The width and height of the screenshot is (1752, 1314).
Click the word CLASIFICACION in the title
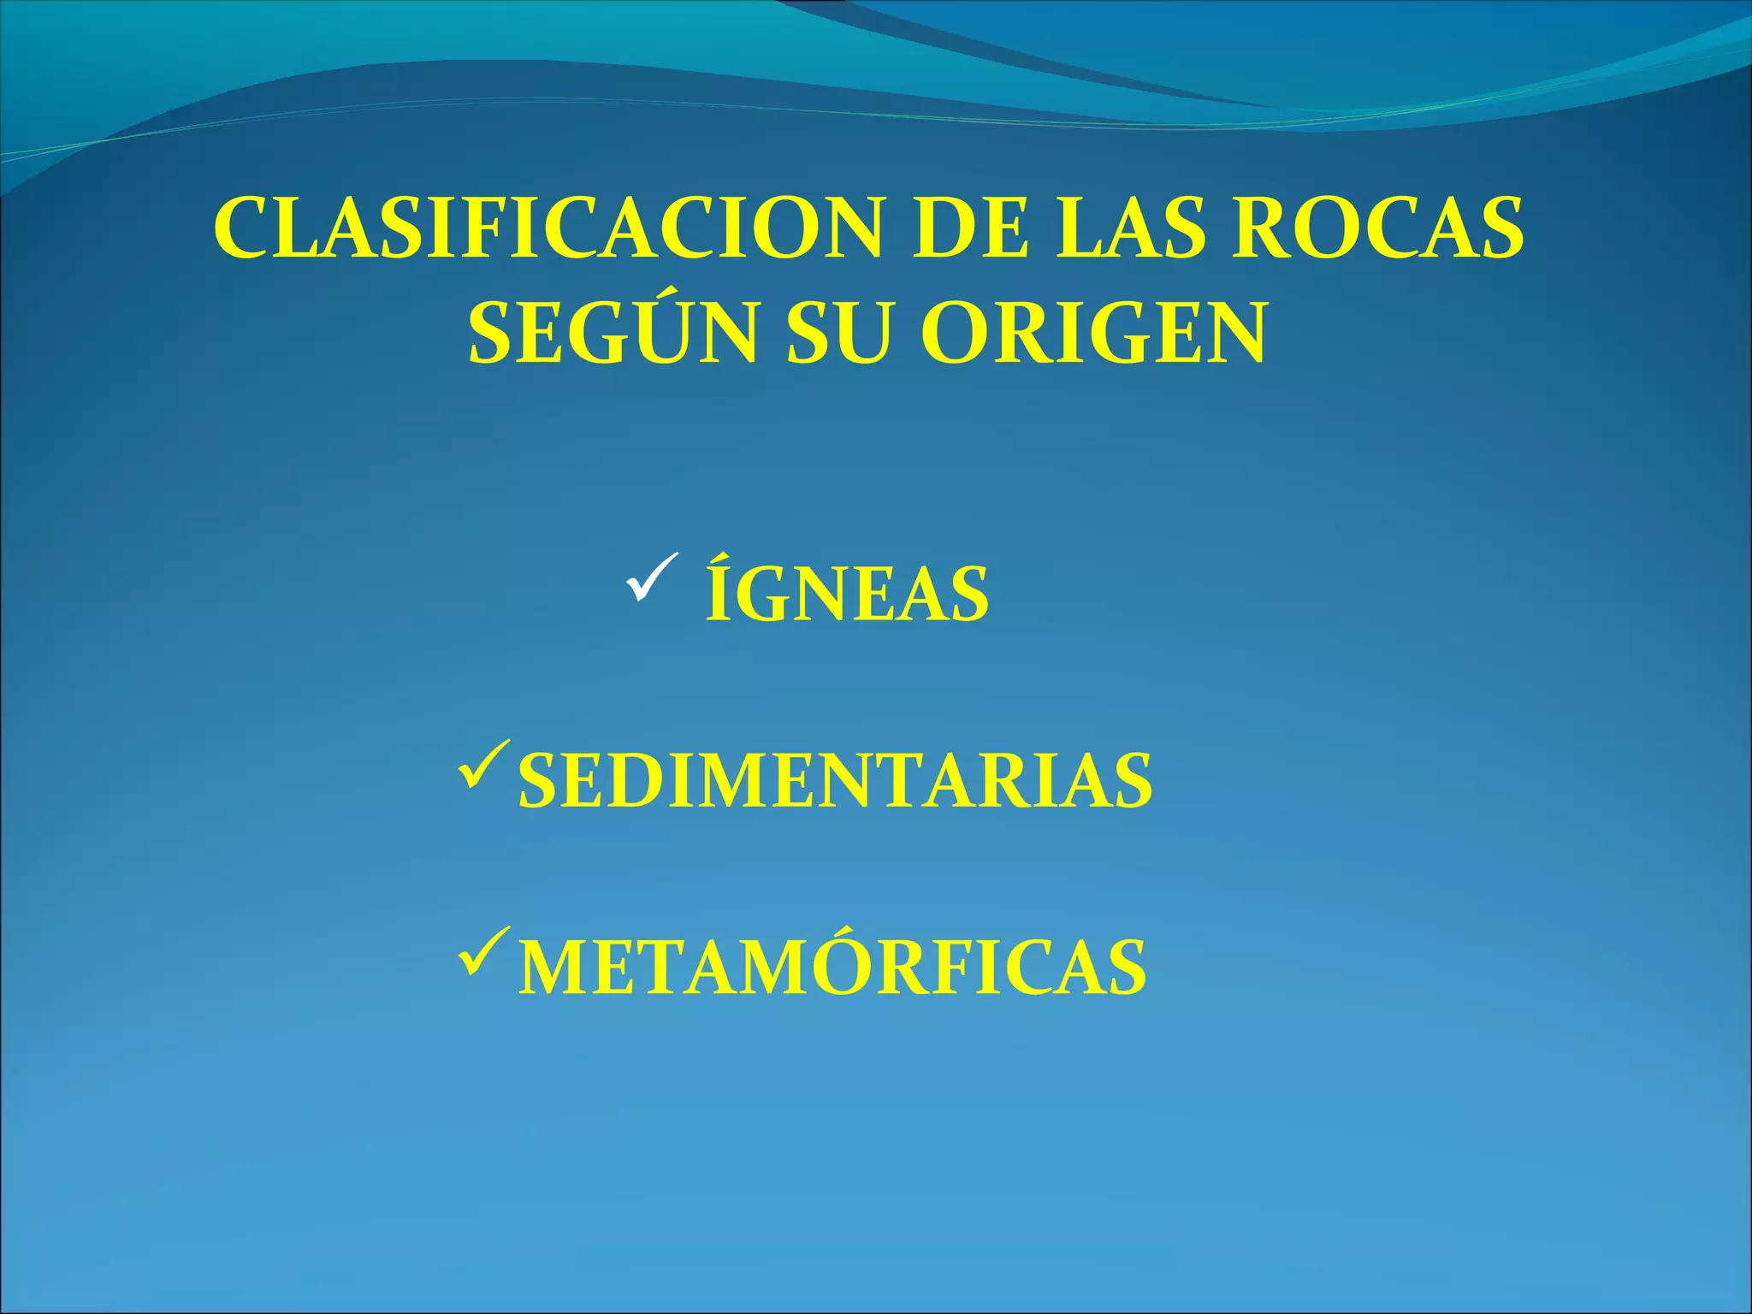click(547, 229)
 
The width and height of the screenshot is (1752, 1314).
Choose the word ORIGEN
click(1092, 334)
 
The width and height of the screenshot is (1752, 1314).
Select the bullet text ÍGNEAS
click(847, 593)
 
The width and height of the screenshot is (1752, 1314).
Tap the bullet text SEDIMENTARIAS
click(835, 780)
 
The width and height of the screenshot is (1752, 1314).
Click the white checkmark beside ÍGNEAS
click(652, 577)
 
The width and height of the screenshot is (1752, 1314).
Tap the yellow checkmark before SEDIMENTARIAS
click(484, 765)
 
